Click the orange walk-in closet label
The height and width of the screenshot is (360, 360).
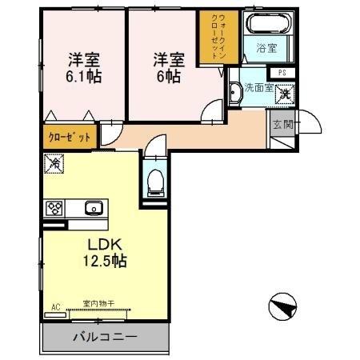point(213,37)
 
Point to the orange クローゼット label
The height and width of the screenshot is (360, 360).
point(70,137)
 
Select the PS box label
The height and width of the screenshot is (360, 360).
point(282,73)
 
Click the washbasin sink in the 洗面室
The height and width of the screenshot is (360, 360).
point(235,94)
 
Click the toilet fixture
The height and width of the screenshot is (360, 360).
point(156,181)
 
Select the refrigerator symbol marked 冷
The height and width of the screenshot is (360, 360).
point(54,162)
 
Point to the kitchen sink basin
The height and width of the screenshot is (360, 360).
point(93,209)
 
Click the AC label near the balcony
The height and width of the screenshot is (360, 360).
point(56,306)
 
